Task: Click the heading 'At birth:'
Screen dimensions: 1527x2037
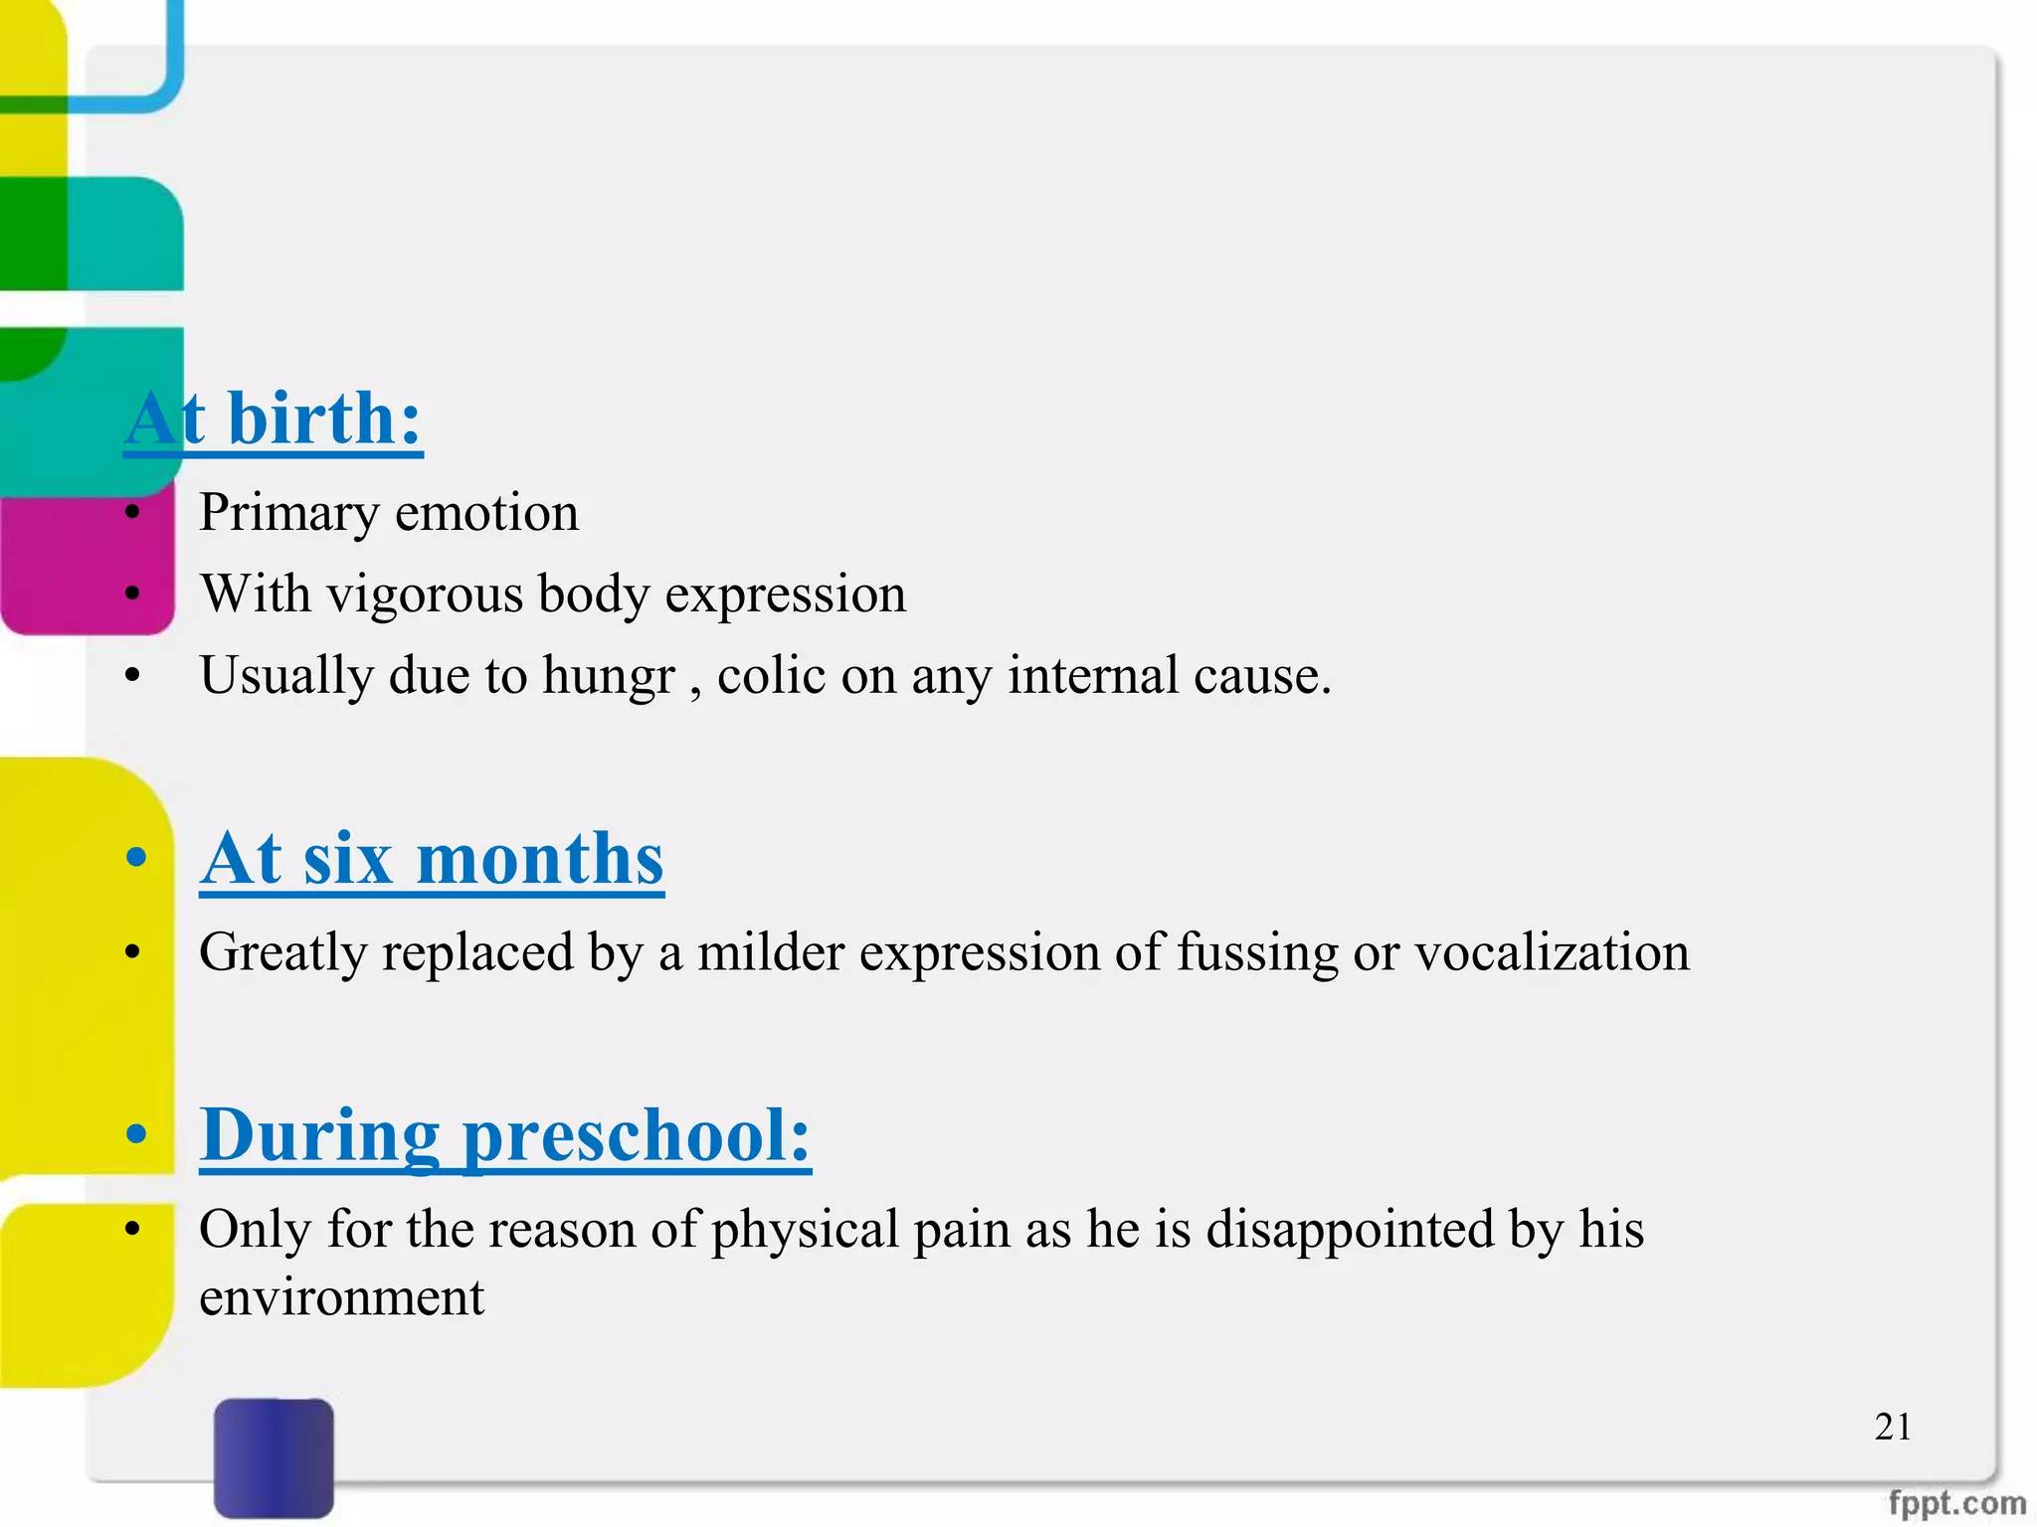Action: click(274, 420)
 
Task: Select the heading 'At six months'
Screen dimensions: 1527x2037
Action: click(432, 859)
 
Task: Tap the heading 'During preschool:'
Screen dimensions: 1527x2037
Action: click(505, 1135)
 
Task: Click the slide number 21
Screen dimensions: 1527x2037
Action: click(1892, 1427)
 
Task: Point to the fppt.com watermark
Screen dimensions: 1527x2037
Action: click(1956, 1502)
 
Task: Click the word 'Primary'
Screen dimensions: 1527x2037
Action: click(289, 514)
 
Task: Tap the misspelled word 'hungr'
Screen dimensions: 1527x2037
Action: click(608, 676)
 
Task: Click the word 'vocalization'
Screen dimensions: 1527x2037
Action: click(1552, 952)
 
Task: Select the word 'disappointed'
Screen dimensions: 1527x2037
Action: click(1350, 1229)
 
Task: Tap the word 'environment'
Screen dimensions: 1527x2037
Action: click(341, 1297)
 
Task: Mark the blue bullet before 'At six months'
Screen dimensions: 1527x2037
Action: click(136, 857)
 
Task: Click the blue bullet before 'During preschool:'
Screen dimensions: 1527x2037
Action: click(136, 1133)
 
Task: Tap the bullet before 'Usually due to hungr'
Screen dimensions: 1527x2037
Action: click(133, 676)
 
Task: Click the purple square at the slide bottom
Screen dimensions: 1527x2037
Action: click(274, 1456)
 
